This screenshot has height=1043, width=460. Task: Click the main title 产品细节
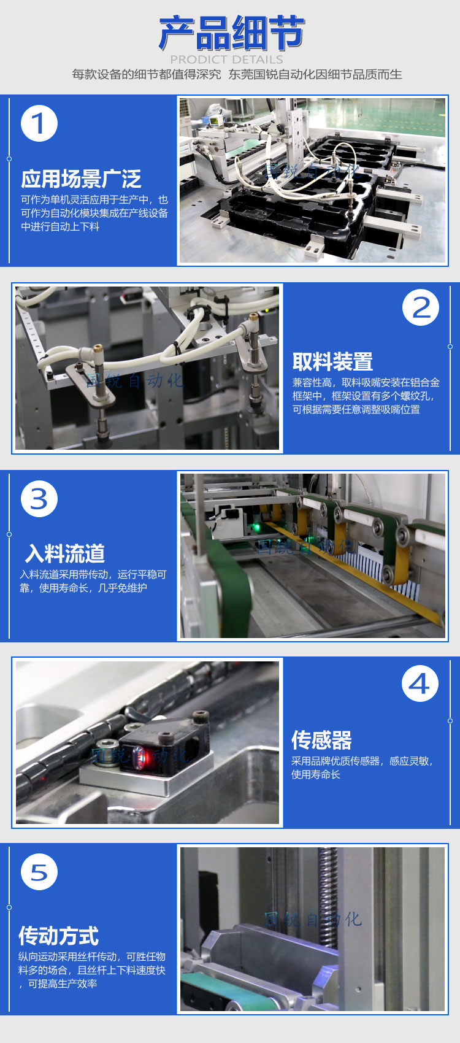231,33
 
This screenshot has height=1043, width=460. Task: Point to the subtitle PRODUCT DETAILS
226,60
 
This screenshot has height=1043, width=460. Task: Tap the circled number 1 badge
39,123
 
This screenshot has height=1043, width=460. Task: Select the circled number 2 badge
420,307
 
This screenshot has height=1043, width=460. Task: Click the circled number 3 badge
39,499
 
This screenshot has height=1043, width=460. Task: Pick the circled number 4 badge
420,683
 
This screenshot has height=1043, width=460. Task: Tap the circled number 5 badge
39,872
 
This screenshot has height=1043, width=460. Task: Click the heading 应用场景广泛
81,179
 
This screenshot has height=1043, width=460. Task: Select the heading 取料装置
332,361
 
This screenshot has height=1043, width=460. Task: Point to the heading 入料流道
65,553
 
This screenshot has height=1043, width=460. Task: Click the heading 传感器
321,740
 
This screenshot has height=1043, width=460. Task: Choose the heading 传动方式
59,936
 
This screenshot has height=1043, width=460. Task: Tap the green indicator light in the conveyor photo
254,528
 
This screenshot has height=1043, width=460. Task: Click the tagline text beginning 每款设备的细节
237,74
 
